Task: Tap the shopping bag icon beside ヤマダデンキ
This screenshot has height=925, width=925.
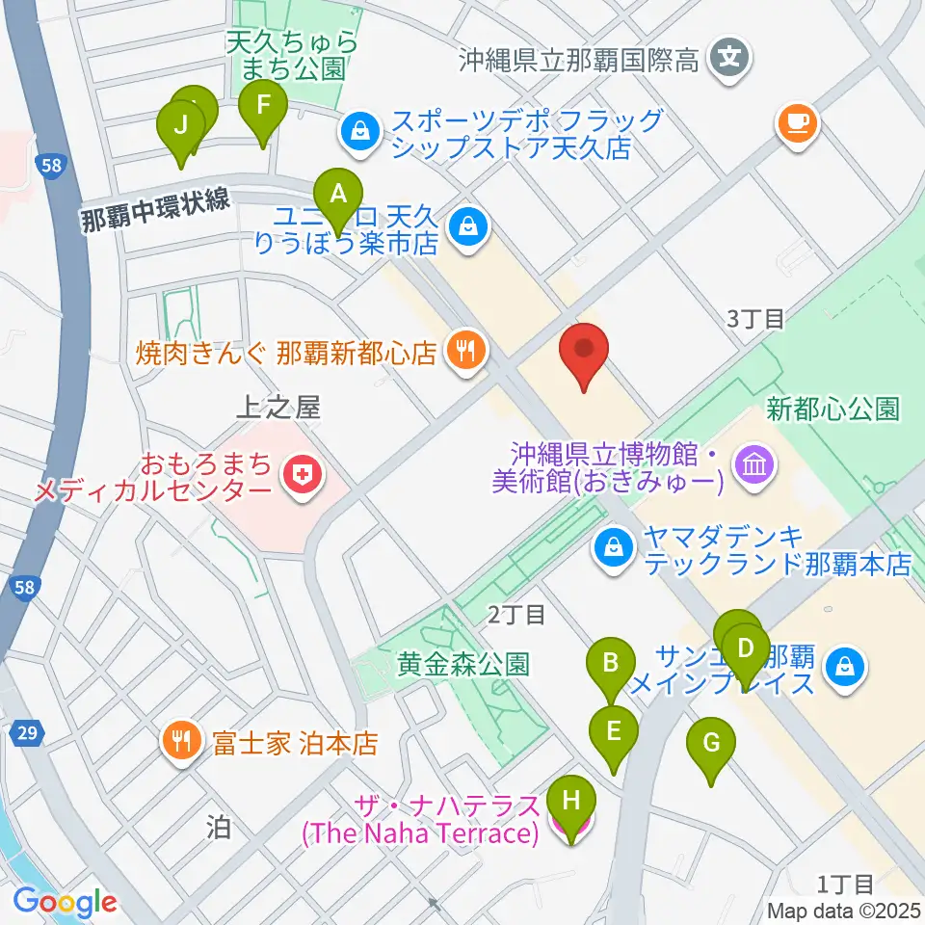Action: coord(612,549)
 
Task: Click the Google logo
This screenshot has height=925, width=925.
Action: coord(65,901)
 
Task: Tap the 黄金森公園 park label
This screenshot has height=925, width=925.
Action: coord(463,665)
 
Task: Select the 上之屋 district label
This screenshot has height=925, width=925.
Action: coord(277,409)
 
